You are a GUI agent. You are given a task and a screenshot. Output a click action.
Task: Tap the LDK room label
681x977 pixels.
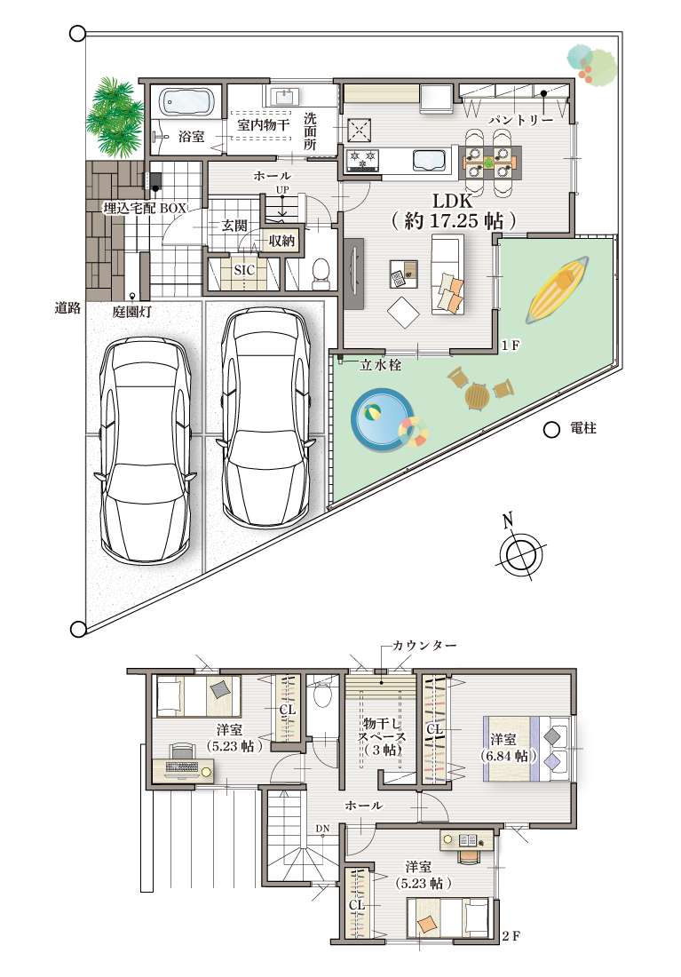coord(453,201)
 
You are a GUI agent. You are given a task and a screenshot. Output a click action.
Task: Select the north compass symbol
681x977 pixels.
coord(521,550)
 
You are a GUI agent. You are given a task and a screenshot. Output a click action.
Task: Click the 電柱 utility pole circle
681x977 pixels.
coord(551,429)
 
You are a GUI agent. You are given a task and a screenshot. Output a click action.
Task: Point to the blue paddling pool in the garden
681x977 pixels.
coord(382,417)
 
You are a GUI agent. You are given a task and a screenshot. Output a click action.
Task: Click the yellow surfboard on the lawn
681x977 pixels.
coord(558,289)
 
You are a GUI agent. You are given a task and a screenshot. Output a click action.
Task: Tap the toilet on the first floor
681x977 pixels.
coord(321,274)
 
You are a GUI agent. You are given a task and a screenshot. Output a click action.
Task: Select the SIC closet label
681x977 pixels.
coord(244,270)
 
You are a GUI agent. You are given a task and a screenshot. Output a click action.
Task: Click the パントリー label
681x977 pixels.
coord(521,120)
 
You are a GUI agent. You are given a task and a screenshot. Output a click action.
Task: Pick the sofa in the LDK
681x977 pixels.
coord(448,274)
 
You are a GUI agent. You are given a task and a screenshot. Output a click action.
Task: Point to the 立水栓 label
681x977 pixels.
coord(380,365)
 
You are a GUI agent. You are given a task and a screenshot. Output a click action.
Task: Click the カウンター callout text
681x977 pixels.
coord(424,646)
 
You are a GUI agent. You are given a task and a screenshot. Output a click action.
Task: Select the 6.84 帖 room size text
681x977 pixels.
coord(508,756)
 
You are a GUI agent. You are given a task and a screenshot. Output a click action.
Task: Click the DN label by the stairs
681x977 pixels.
coord(322,829)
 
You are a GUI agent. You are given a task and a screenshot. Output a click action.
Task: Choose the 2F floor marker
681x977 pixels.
coord(511,936)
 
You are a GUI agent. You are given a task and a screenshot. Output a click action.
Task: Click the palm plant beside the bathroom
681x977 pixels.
coord(115,117)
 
